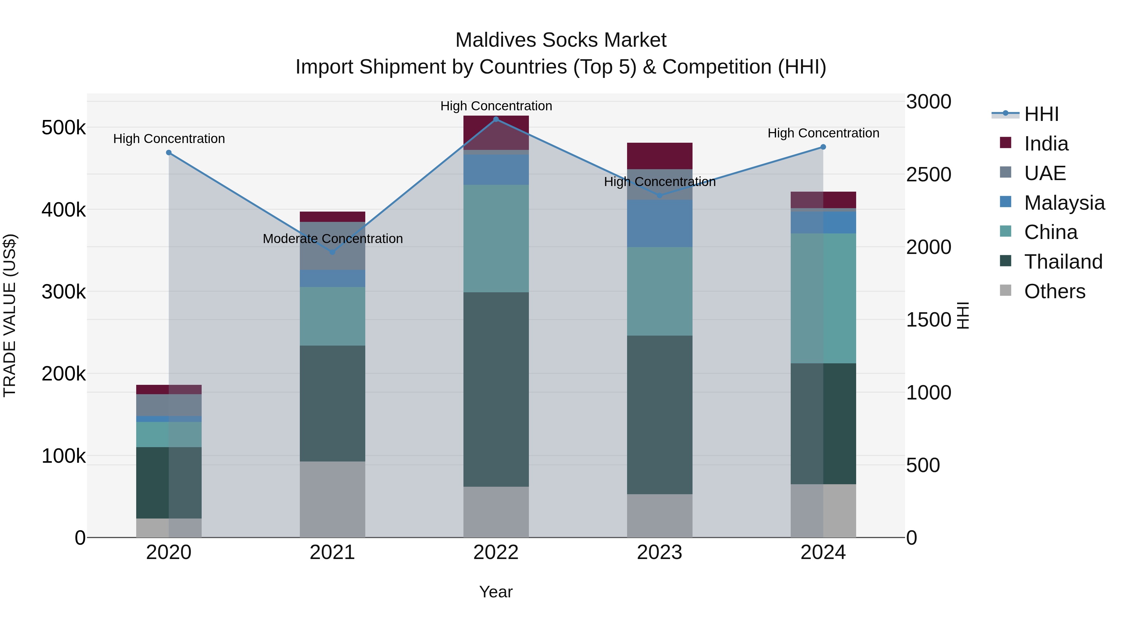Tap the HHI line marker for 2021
tap(332, 252)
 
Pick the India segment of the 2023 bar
tap(659, 155)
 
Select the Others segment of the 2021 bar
tap(332, 499)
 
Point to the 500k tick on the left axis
tap(64, 128)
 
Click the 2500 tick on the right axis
tap(929, 174)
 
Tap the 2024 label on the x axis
tap(823, 552)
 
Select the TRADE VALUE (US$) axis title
tap(10, 315)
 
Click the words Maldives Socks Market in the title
tap(561, 40)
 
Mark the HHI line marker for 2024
tap(823, 147)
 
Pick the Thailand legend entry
tap(1063, 262)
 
